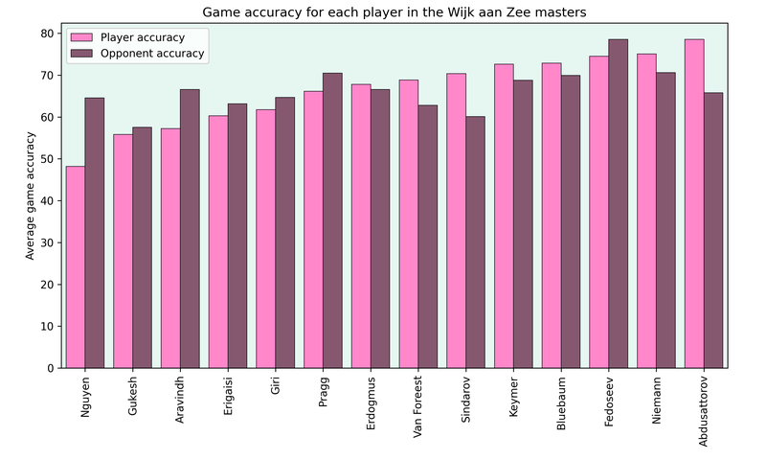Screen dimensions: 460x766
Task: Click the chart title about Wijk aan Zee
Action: (394, 12)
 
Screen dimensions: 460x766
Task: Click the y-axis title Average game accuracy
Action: (31, 196)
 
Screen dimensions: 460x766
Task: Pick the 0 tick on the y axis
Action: (50, 368)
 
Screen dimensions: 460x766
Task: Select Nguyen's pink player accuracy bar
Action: (76, 268)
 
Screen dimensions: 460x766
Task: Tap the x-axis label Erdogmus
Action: (371, 402)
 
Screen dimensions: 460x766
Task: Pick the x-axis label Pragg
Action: (323, 392)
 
